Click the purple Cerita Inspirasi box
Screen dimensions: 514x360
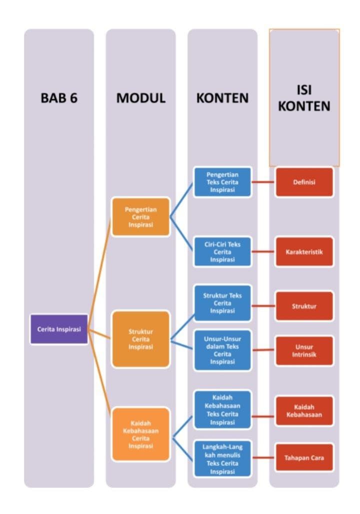coord(59,329)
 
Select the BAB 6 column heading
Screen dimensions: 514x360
coord(59,98)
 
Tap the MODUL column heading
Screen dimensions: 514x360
coord(140,98)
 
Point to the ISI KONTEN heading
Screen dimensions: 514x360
coord(304,98)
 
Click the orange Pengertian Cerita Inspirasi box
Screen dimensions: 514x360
coord(140,217)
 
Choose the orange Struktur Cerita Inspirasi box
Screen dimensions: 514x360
coord(140,339)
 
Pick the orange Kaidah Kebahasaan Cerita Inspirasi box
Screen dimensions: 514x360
coord(140,434)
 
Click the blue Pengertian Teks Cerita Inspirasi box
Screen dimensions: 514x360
coord(222,182)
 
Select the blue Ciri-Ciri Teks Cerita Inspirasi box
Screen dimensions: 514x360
coord(222,252)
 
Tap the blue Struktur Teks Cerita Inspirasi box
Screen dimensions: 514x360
coord(222,303)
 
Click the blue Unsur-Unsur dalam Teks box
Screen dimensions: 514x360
coord(222,350)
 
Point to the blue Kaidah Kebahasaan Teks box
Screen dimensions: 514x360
coord(222,410)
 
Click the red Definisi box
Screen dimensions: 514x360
coord(304,182)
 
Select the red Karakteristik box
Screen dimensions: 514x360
coord(304,252)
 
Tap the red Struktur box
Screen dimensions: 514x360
coord(304,306)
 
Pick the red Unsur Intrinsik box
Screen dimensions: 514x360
coord(304,351)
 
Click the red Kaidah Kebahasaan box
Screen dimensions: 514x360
coord(304,411)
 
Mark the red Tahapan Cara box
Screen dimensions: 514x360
coord(304,457)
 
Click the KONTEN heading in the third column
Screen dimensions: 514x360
coord(222,98)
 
